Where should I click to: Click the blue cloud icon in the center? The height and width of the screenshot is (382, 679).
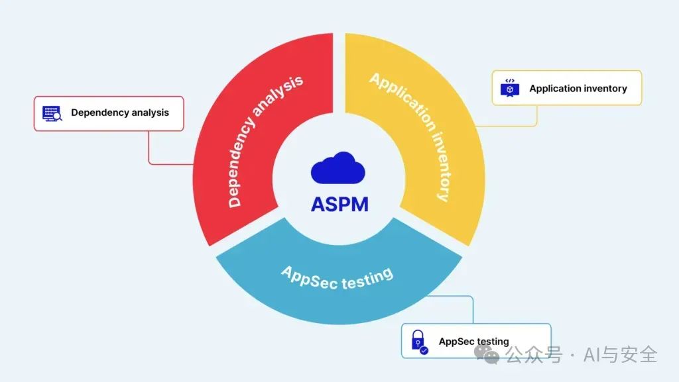click(x=338, y=167)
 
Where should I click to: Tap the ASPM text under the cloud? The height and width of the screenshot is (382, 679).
click(x=339, y=204)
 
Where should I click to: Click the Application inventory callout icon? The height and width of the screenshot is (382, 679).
click(x=509, y=88)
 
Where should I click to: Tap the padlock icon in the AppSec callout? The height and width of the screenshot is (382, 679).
click(x=419, y=341)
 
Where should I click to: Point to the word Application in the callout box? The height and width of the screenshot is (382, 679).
click(x=554, y=88)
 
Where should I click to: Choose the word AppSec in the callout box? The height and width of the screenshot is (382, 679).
click(x=456, y=342)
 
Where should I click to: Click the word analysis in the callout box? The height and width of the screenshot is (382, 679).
click(x=150, y=113)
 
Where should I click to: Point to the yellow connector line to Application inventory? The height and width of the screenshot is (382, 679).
click(x=536, y=117)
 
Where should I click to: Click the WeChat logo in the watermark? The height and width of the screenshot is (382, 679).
click(x=491, y=356)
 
